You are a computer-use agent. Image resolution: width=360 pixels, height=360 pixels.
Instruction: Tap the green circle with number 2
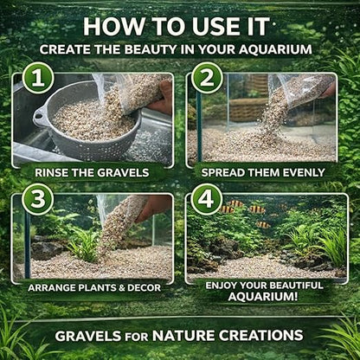(207, 80)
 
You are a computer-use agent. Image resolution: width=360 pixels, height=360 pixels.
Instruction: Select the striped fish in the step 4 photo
(256, 209)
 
